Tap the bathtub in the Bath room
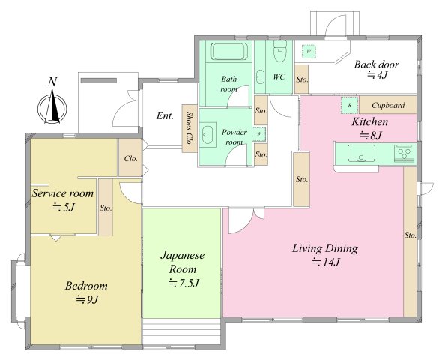click(x=229, y=51)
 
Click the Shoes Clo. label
click(x=190, y=128)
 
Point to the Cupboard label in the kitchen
click(x=388, y=105)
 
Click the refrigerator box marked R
click(x=350, y=106)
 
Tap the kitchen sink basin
click(x=361, y=154)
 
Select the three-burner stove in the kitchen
click(x=405, y=154)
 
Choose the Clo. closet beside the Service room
click(x=130, y=157)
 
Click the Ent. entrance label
click(x=165, y=115)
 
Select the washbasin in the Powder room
click(x=208, y=135)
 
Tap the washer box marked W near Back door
click(x=309, y=52)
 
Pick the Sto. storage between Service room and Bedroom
click(x=106, y=207)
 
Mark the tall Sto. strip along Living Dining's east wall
click(x=410, y=241)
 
